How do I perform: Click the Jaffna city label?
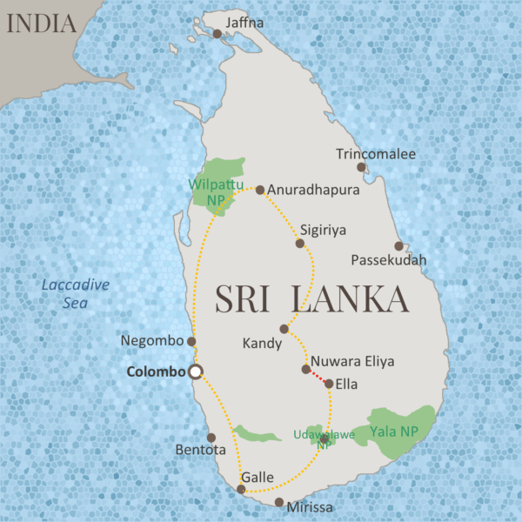click(244, 22)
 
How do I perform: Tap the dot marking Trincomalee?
click(361, 167)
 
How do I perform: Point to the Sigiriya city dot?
click(300, 244)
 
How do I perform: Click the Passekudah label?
click(389, 260)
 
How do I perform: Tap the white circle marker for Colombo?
click(196, 371)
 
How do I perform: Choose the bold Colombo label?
click(157, 371)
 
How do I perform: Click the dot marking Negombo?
click(191, 341)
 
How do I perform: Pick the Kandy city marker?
click(284, 329)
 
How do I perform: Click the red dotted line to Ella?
click(318, 376)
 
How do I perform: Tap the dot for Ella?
click(329, 383)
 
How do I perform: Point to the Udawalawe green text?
click(324, 434)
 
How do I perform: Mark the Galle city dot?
click(241, 489)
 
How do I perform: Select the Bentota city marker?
click(211, 438)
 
